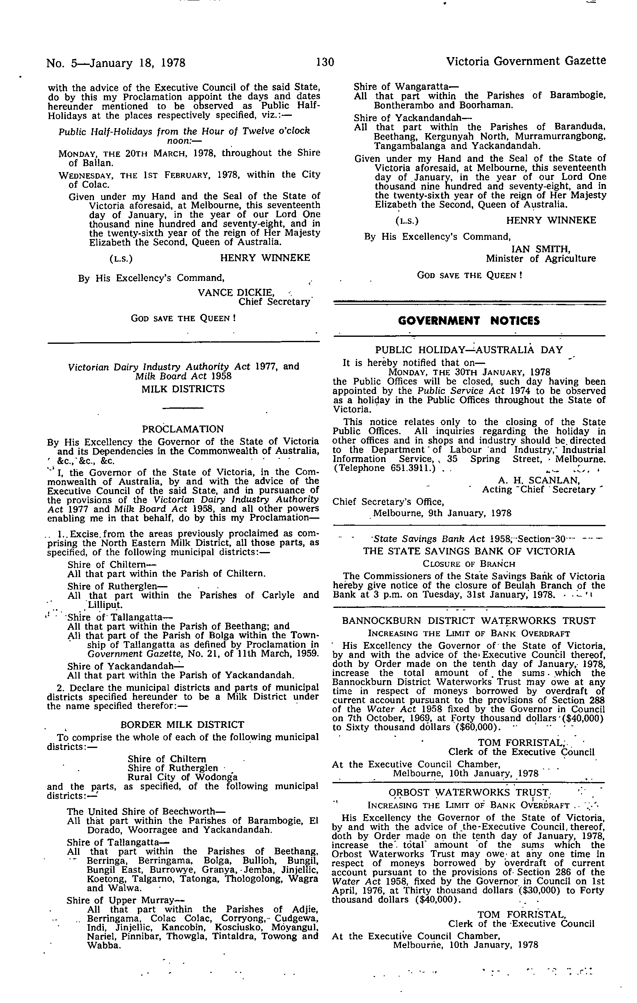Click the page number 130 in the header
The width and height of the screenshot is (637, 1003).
pyautogui.click(x=325, y=62)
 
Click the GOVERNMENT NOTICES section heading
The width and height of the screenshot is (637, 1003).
pyautogui.click(x=469, y=321)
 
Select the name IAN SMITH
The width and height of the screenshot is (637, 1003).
pyautogui.click(x=541, y=249)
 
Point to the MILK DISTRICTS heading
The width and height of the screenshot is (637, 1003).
pyautogui.click(x=183, y=389)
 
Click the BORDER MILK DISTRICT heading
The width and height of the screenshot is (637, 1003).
pyautogui.click(x=182, y=725)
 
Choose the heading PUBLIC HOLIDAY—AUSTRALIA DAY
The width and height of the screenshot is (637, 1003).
pyautogui.click(x=469, y=350)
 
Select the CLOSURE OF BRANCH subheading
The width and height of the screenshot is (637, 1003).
pyautogui.click(x=469, y=564)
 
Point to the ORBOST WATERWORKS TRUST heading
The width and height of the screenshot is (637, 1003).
pyautogui.click(x=469, y=792)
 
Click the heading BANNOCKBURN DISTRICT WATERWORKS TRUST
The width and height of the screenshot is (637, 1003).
pyautogui.click(x=469, y=621)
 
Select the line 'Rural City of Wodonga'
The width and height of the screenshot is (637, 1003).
pyautogui.click(x=182, y=777)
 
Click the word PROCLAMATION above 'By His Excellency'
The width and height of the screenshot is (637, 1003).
pyautogui.click(x=183, y=429)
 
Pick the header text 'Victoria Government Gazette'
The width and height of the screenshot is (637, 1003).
pyautogui.click(x=526, y=62)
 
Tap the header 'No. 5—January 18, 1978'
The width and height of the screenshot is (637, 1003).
pyautogui.click(x=116, y=63)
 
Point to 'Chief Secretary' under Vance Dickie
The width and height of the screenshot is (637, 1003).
pyautogui.click(x=274, y=301)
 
